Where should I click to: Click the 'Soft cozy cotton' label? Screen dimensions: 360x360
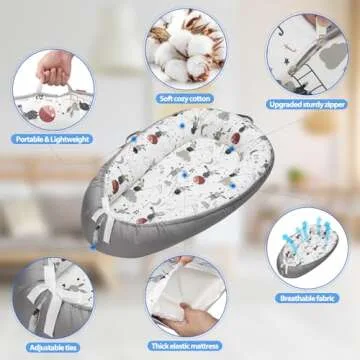[185, 99]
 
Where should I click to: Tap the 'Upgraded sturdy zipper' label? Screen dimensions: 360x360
[307, 104]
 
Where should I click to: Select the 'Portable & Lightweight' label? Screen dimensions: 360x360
[52, 139]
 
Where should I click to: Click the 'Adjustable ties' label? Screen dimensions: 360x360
[53, 348]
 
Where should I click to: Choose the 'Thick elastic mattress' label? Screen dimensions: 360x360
[185, 346]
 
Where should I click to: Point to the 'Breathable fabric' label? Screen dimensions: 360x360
[307, 298]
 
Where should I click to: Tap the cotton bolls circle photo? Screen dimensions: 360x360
[186, 49]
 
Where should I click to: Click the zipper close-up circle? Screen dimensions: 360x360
[307, 54]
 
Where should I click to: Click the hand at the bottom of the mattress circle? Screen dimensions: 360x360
[187, 319]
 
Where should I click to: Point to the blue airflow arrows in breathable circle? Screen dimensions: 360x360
[306, 232]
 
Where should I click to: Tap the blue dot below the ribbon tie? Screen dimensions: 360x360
[93, 247]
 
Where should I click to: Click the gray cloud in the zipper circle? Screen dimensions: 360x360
[335, 54]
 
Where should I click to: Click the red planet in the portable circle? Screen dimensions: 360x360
[47, 114]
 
